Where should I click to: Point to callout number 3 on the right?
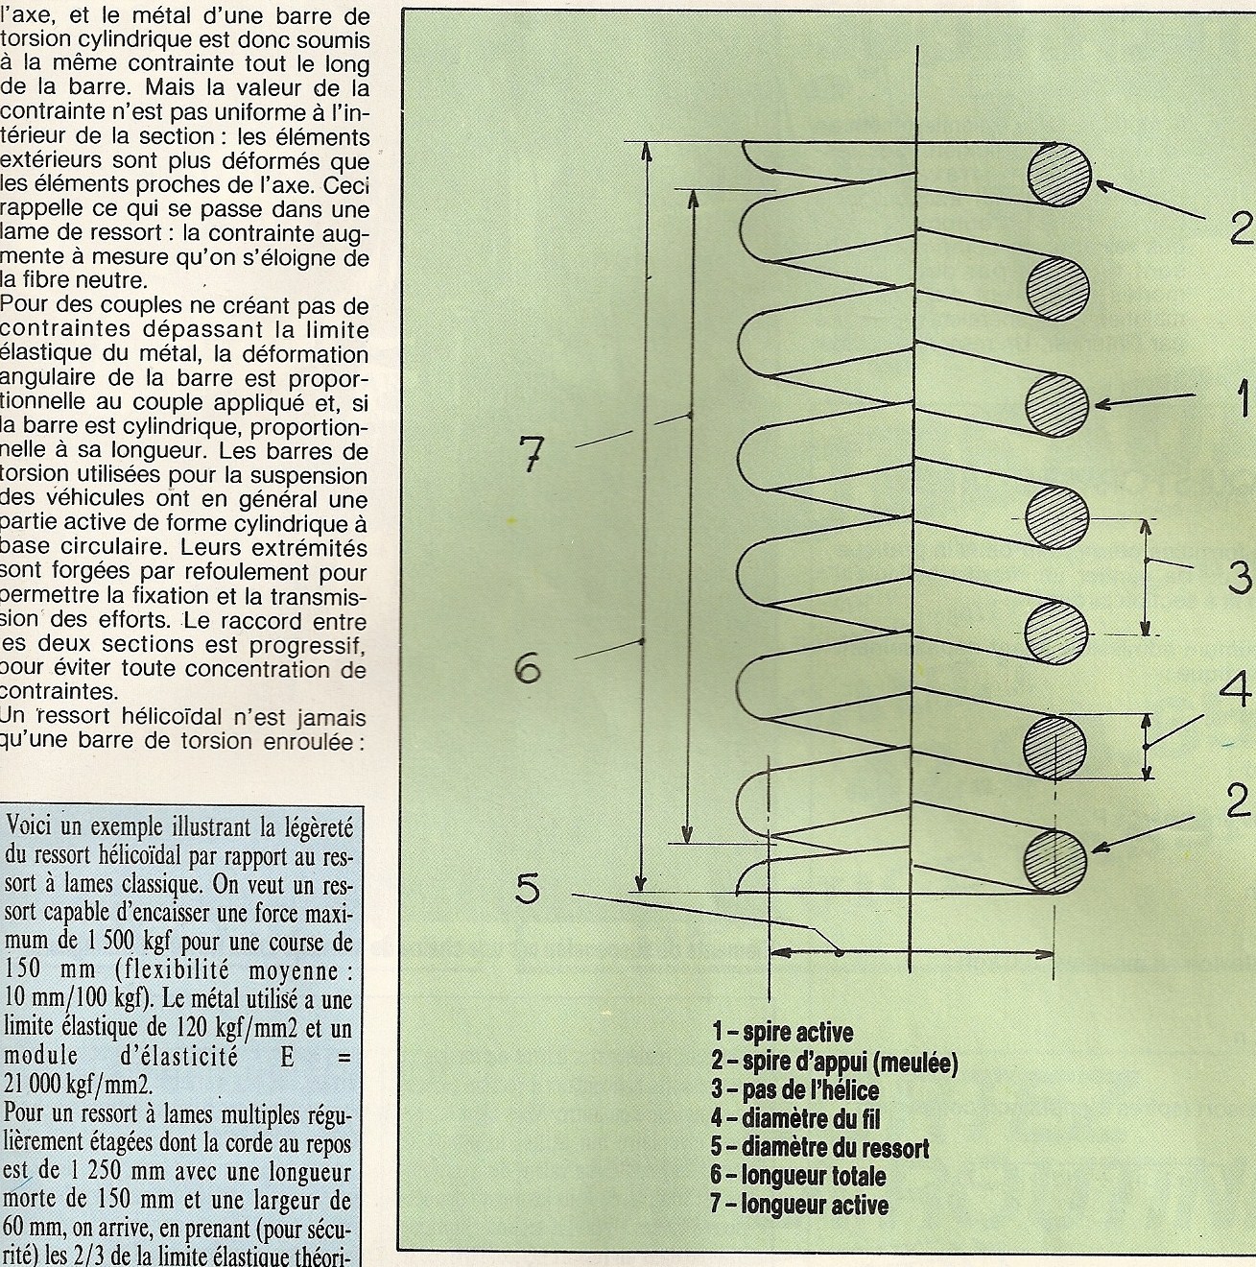1239,578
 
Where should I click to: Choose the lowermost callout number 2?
1237,801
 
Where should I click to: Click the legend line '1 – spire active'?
782,1033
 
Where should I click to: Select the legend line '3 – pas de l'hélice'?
794,1090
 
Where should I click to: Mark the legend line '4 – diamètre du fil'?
795,1118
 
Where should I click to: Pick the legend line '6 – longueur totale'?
798,1176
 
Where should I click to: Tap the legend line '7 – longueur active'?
799,1205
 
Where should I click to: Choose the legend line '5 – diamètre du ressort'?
819,1147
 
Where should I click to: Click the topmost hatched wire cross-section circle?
1059,175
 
